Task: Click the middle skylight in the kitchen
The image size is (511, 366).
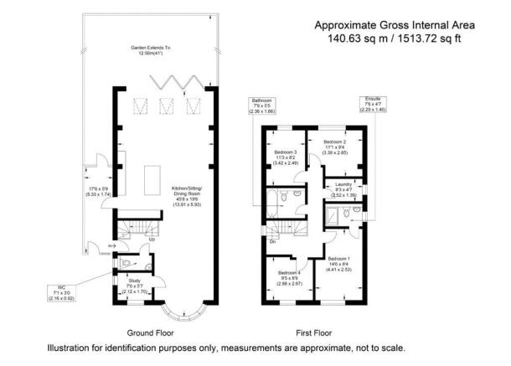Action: tap(164, 106)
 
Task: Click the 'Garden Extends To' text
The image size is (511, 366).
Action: tap(147, 49)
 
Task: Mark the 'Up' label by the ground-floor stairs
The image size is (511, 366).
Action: tap(152, 239)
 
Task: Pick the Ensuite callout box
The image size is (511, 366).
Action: tap(376, 104)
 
